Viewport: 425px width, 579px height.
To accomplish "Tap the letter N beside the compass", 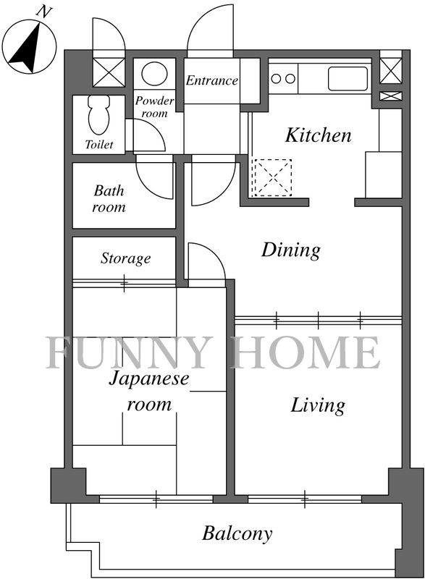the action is (43, 12).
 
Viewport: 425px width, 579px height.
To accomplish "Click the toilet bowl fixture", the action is (98, 114).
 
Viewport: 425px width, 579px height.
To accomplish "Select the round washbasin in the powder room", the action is (154, 74).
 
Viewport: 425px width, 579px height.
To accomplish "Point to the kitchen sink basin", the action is (348, 78).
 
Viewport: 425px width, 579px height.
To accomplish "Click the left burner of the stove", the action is (276, 78).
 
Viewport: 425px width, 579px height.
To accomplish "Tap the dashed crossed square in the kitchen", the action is (273, 177).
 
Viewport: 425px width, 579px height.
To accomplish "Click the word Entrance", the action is (211, 80).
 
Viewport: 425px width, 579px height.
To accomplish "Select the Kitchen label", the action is (318, 135).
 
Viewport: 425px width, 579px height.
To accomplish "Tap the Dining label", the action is (291, 250).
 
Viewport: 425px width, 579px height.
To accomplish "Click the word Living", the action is (318, 405).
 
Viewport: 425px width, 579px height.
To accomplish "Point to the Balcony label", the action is (237, 533).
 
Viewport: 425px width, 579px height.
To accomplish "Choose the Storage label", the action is (125, 258).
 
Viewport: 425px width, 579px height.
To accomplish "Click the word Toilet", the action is (99, 144).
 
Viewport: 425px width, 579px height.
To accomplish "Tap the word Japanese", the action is (149, 379).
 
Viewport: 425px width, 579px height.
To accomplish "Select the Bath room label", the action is (109, 198).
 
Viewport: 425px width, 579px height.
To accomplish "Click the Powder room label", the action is (154, 106).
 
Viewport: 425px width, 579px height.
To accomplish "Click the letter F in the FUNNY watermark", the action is (61, 352).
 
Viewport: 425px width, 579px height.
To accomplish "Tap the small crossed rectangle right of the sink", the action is (391, 96).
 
